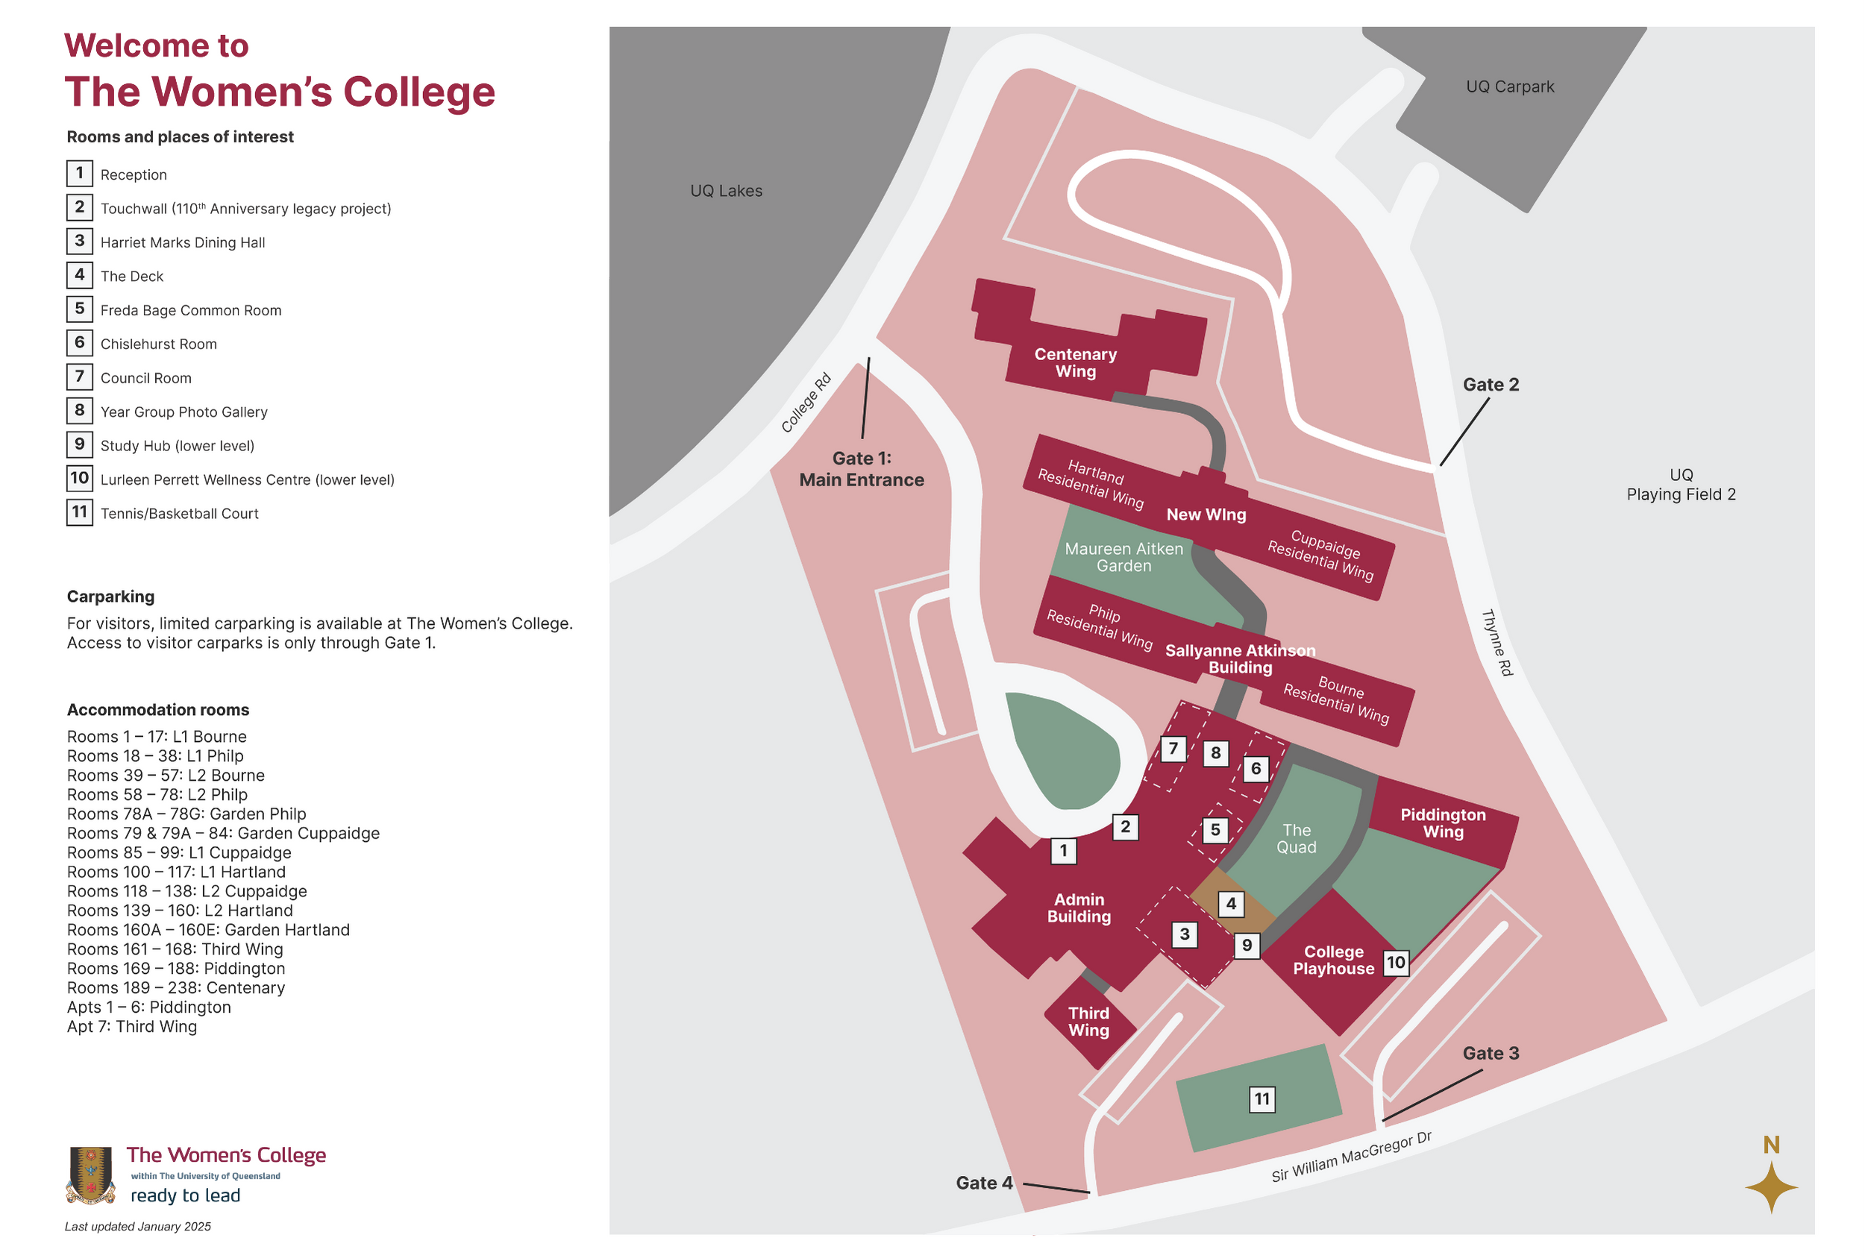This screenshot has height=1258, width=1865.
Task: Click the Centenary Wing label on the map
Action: [x=1075, y=362]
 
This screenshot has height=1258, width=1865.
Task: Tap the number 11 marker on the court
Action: [x=1261, y=1099]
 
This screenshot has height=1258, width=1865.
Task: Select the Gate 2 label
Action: [x=1491, y=384]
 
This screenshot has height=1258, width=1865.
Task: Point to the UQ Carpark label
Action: [x=1509, y=87]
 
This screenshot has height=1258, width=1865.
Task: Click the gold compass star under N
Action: [x=1771, y=1187]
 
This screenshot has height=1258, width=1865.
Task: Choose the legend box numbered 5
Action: [x=79, y=309]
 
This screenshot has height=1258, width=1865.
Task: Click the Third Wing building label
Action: [x=1088, y=1022]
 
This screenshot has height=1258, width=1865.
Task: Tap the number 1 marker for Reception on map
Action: [x=1063, y=850]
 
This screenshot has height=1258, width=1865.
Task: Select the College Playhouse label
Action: [x=1333, y=960]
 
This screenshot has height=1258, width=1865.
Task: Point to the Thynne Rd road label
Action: [x=1496, y=643]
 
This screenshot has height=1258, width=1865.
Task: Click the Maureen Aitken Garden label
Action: [x=1123, y=557]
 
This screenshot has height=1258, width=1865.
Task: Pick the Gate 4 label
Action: [x=984, y=1183]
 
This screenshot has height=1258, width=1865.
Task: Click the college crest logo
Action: [x=91, y=1174]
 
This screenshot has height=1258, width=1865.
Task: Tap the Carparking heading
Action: [x=110, y=596]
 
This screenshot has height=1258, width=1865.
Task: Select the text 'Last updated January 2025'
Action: [x=138, y=1226]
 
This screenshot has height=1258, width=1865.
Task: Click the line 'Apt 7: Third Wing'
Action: [x=131, y=1026]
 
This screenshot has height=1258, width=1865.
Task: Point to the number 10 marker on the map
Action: [x=1396, y=962]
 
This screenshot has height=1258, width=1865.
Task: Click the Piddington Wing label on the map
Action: [x=1443, y=823]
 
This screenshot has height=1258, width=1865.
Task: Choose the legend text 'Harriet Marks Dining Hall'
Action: [x=182, y=242]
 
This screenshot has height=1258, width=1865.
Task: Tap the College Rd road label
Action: [x=806, y=403]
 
